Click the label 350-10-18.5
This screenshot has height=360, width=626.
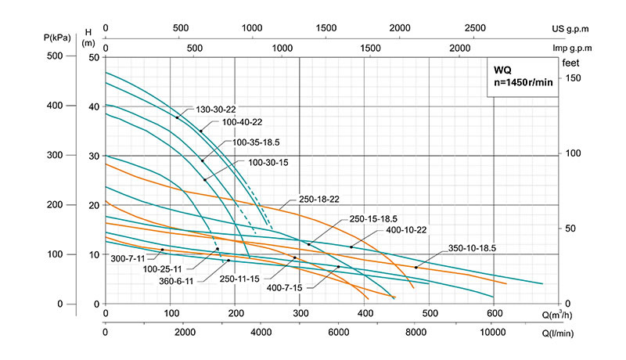pyautogui.click(x=471, y=248)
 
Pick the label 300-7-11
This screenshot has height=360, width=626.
pyautogui.click(x=129, y=257)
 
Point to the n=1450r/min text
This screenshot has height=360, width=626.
pyautogui.click(x=522, y=81)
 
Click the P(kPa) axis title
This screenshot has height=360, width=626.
pyautogui.click(x=57, y=36)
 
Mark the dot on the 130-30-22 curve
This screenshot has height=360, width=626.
pyautogui.click(x=178, y=117)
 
